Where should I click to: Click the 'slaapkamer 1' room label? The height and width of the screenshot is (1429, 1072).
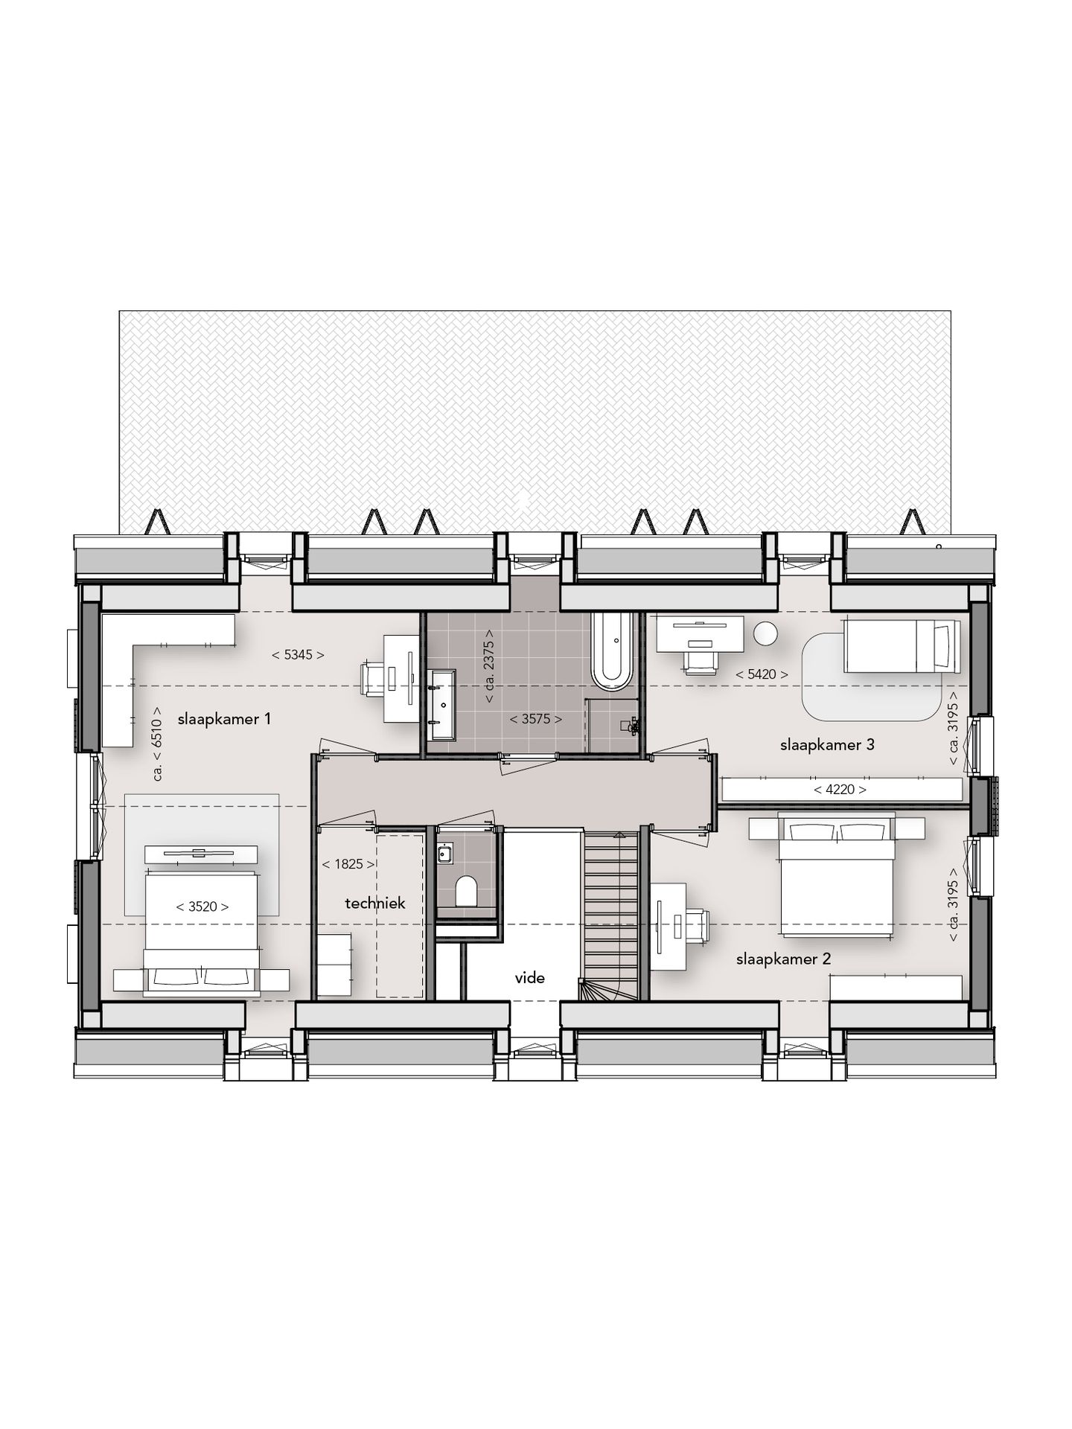tap(224, 719)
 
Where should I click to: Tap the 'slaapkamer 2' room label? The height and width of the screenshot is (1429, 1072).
tap(783, 959)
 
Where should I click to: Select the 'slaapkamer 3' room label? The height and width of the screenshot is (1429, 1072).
tap(827, 744)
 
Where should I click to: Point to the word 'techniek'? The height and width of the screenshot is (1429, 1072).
tap(375, 903)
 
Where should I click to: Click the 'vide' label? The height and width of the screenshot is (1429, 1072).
tap(530, 978)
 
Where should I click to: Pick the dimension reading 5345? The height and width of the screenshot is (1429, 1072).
tap(298, 655)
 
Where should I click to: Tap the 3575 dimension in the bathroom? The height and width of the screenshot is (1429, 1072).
tap(535, 719)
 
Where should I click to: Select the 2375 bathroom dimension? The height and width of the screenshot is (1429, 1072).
tap(488, 667)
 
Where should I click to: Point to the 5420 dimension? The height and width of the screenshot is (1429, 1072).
tap(762, 674)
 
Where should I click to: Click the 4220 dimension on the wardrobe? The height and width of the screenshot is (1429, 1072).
tap(840, 789)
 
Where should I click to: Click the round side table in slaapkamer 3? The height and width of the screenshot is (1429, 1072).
tap(765, 633)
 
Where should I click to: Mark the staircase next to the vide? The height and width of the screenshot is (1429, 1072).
tap(610, 915)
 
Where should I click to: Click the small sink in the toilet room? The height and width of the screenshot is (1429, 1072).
tap(445, 854)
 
